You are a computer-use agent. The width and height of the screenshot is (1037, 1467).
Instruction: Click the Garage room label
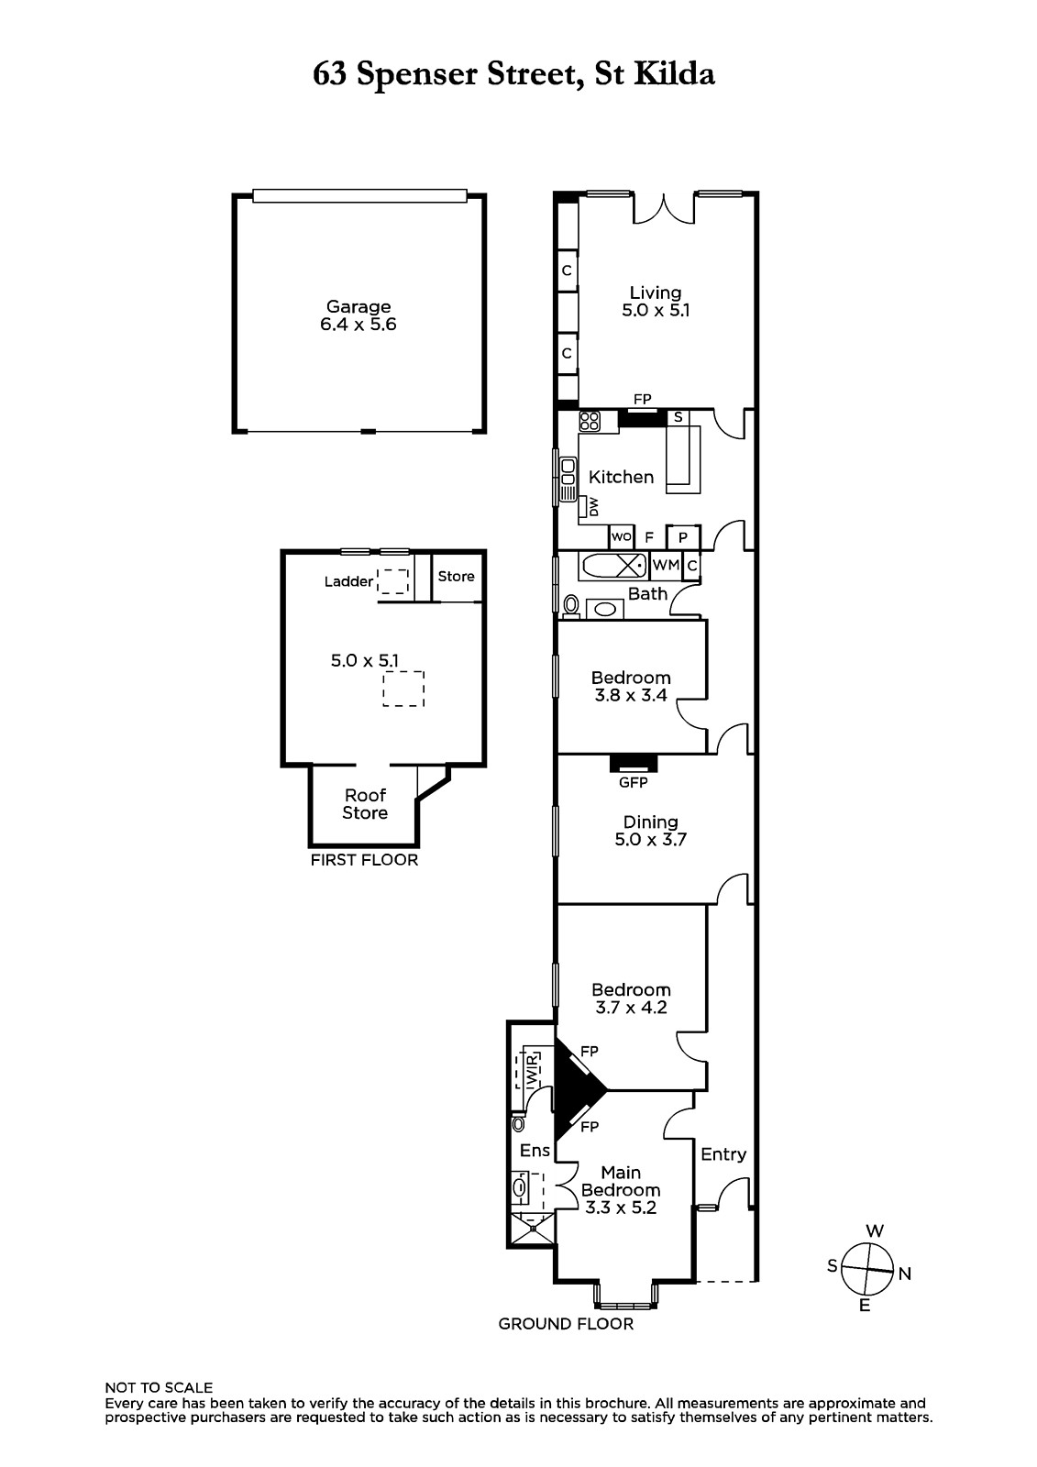(359, 306)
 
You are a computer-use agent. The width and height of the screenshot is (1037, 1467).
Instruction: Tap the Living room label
(655, 292)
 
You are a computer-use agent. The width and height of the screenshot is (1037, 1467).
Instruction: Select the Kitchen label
(621, 477)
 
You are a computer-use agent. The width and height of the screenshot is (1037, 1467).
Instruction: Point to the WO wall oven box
(621, 537)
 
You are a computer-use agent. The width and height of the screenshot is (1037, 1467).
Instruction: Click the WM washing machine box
(667, 565)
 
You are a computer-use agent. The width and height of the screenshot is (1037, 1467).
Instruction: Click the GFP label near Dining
(633, 782)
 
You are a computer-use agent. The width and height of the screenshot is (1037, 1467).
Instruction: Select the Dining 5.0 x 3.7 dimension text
(650, 840)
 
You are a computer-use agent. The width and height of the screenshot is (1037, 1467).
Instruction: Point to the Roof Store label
(366, 804)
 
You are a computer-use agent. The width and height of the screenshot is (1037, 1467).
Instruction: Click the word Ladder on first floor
(348, 581)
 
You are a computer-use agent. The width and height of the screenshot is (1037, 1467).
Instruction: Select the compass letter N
(905, 1274)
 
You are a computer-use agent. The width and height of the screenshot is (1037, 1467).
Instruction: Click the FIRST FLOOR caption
(364, 860)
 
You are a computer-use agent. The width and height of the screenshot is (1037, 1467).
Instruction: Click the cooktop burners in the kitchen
(590, 421)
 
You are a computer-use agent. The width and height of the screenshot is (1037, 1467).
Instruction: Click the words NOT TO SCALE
(160, 1388)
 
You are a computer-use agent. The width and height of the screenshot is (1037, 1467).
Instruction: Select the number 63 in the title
(329, 74)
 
